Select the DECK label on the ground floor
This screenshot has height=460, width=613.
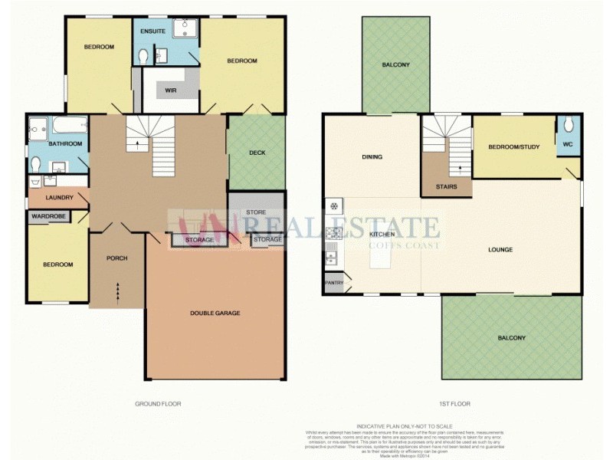pos(257,153)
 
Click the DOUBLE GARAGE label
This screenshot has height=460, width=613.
pos(215,313)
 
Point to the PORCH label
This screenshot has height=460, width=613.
pos(116,258)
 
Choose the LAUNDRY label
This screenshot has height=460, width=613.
pos(59,198)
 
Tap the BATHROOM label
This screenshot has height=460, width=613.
pos(65,143)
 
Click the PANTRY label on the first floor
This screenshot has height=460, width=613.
pos(334,282)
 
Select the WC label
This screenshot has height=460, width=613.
pos(568,143)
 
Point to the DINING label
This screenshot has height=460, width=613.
pos(372,157)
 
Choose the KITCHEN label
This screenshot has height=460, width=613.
pos(382,234)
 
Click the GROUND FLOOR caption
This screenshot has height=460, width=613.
pos(158,403)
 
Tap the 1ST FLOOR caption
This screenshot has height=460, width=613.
pos(455,403)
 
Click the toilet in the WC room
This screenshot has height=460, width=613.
pos(568,124)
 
